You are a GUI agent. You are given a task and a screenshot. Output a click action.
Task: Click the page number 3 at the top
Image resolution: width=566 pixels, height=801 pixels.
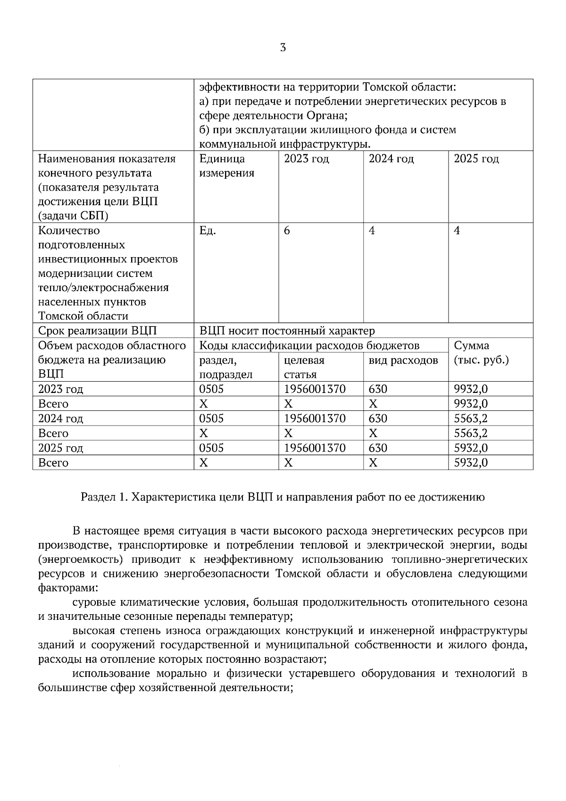[283, 48]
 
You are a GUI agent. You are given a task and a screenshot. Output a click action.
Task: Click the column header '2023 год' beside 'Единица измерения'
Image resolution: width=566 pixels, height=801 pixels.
[306, 159]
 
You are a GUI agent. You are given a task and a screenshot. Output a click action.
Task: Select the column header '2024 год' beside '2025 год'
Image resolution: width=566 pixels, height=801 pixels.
[391, 159]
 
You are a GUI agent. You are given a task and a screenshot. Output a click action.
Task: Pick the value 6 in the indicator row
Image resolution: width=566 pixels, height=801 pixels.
[287, 231]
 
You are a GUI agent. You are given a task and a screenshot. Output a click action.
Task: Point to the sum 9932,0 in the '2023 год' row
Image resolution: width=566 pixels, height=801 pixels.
[470, 389]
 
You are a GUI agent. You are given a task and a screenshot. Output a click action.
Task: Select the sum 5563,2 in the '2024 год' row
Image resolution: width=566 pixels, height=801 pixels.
[470, 418]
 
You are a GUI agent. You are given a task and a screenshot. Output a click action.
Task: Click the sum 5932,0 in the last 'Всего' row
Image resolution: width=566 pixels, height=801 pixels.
[470, 463]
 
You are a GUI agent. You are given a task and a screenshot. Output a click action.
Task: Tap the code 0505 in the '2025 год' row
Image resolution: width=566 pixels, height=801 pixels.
[211, 448]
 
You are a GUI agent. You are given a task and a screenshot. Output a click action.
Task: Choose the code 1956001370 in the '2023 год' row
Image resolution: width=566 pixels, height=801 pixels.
[315, 389]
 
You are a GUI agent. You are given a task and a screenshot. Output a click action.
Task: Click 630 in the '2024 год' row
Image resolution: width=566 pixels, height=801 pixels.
[378, 418]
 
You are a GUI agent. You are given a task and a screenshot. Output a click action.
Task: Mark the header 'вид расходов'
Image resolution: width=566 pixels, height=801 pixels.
[403, 360]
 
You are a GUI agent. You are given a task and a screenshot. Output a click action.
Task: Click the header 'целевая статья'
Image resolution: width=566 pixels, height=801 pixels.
[304, 367]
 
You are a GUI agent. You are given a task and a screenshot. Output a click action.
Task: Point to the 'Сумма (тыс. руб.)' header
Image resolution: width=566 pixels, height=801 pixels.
[481, 353]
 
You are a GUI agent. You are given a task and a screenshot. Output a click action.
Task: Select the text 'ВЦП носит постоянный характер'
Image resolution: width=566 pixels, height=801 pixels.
[287, 331]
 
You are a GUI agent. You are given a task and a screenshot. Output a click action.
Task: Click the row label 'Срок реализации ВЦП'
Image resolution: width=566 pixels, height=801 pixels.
[97, 331]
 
